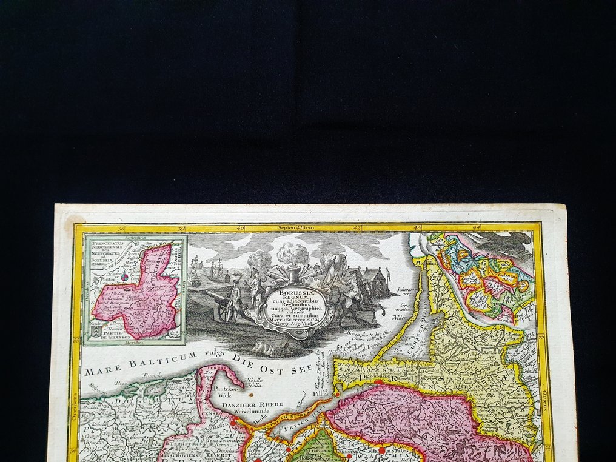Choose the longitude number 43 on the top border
click(417, 228)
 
